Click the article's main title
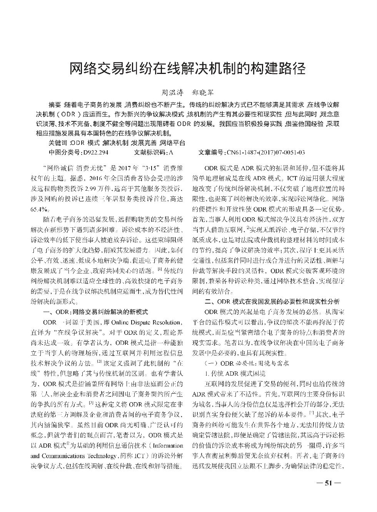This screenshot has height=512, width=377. [188, 69]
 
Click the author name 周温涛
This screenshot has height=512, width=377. [171, 93]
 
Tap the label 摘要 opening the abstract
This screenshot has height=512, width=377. [55, 104]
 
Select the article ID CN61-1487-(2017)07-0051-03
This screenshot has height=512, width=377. [265, 152]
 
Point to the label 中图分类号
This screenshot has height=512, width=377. [63, 152]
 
